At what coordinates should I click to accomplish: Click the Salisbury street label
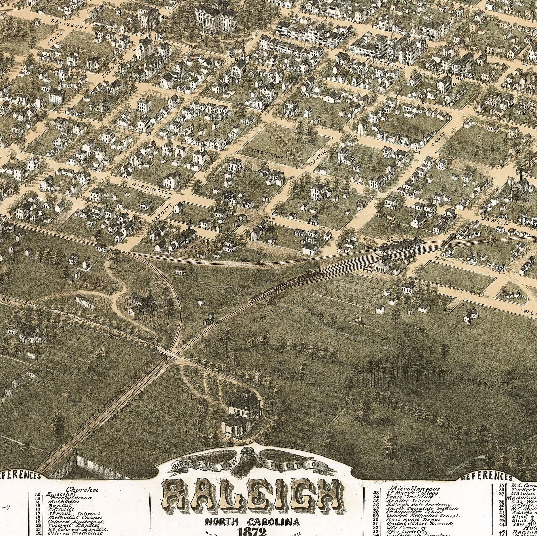pyautogui.click(x=70, y=24)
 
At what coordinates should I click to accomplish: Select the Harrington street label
pyautogui.click(x=152, y=188)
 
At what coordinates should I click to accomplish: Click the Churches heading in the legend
pyautogui.click(x=82, y=490)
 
